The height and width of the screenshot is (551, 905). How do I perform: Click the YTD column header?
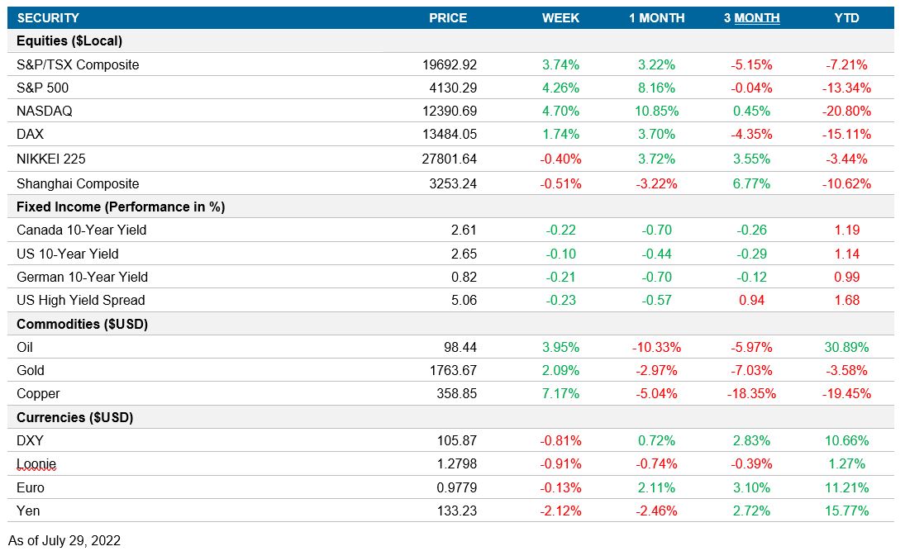click(x=847, y=17)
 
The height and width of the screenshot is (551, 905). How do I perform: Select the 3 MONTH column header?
click(x=751, y=17)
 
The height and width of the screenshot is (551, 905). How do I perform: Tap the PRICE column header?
click(x=448, y=17)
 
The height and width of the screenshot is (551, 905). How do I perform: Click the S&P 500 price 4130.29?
click(x=450, y=88)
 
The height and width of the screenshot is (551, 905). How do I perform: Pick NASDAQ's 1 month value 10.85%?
click(x=656, y=111)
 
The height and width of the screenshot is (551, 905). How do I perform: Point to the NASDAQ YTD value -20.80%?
click(x=847, y=111)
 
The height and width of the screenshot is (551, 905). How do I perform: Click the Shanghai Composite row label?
click(x=78, y=183)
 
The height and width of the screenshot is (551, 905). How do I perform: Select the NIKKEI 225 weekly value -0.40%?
click(x=560, y=159)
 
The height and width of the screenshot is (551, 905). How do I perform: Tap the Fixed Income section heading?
click(x=121, y=207)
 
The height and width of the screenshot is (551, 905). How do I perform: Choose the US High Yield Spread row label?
click(x=80, y=300)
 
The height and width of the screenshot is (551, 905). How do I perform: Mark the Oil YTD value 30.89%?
click(x=847, y=347)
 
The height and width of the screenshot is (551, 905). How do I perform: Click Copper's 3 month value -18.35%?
click(x=751, y=393)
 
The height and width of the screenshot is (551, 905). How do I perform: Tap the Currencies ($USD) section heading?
click(x=74, y=417)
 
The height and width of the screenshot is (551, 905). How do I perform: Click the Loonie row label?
click(x=36, y=464)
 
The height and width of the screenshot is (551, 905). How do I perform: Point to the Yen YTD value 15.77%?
click(x=847, y=511)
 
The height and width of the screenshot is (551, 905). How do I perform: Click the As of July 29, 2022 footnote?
click(x=64, y=540)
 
